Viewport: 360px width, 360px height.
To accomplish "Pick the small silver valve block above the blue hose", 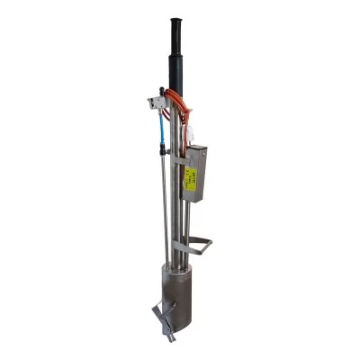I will [x=158, y=103].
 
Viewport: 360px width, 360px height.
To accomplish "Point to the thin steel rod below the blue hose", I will [x=165, y=207].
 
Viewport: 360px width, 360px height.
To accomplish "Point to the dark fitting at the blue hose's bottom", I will [x=163, y=152].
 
